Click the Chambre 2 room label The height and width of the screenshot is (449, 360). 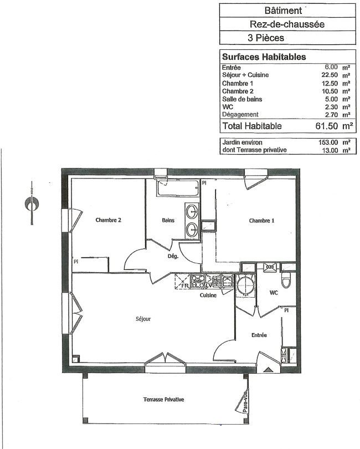coord(108,220)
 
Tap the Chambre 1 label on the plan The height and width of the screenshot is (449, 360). coord(261,221)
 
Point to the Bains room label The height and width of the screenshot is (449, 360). coord(168,220)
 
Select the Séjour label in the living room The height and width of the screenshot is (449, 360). coord(143,319)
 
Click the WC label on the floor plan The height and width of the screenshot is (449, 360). coord(274,293)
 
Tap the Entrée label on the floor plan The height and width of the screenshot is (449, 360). coord(259,335)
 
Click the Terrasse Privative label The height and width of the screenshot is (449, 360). coord(164,400)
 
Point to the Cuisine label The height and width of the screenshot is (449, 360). coord(208,295)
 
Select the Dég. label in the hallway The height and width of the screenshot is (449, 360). coord(173,256)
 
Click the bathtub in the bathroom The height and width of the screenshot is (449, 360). coord(178,188)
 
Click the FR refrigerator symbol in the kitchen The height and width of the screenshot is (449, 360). coord(182,281)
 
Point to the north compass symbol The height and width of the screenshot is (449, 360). coord(32,203)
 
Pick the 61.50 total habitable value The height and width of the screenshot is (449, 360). coord(327,126)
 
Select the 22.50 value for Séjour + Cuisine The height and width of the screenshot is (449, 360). coord(330,75)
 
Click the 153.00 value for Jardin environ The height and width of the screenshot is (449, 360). coord(328,142)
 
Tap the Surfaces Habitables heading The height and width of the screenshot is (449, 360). coord(264,57)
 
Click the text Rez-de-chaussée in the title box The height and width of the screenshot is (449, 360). coord(287,24)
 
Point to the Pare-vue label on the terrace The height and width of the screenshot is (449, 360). coord(245,402)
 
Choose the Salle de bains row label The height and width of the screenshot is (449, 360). coord(242,99)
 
